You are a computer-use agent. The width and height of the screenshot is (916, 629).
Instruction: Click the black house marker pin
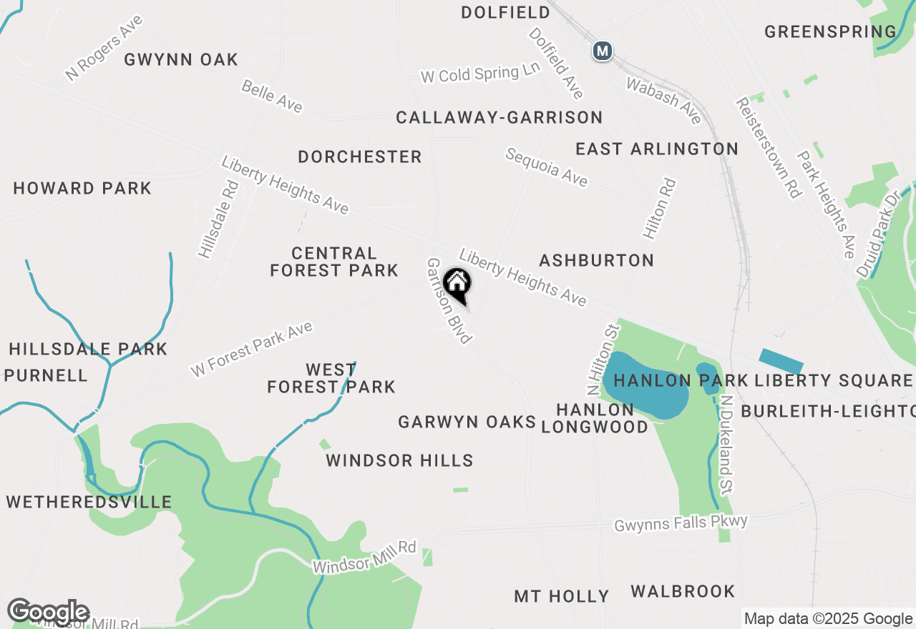[x=457, y=284]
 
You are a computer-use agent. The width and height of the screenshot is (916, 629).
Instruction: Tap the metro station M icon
[x=603, y=51]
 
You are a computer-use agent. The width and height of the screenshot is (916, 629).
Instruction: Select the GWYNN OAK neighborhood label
[x=181, y=59]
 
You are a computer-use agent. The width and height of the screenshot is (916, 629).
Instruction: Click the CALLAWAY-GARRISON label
[x=500, y=117]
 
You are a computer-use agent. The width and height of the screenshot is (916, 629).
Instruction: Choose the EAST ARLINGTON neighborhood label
[x=657, y=149]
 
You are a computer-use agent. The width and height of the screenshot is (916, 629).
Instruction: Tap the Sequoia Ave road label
[x=547, y=167]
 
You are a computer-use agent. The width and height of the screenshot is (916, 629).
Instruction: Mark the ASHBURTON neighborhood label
[x=597, y=260]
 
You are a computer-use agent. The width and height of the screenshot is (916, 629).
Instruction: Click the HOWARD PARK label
[x=82, y=189]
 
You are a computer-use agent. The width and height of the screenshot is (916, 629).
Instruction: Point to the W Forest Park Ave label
[x=252, y=350]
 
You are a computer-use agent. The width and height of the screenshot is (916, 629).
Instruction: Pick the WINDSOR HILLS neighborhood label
[x=399, y=460]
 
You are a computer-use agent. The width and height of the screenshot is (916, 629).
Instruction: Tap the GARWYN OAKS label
[x=467, y=422]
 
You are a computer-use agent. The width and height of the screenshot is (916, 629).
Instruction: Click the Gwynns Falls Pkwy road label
[x=681, y=523]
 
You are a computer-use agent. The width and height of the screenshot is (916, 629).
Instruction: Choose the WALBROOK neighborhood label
[x=683, y=591]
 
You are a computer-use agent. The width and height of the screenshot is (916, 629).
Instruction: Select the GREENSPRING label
[x=830, y=31]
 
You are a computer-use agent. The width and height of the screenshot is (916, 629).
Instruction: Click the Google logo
[x=48, y=612]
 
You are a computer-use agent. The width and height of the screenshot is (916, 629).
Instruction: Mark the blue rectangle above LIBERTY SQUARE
[x=781, y=361]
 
